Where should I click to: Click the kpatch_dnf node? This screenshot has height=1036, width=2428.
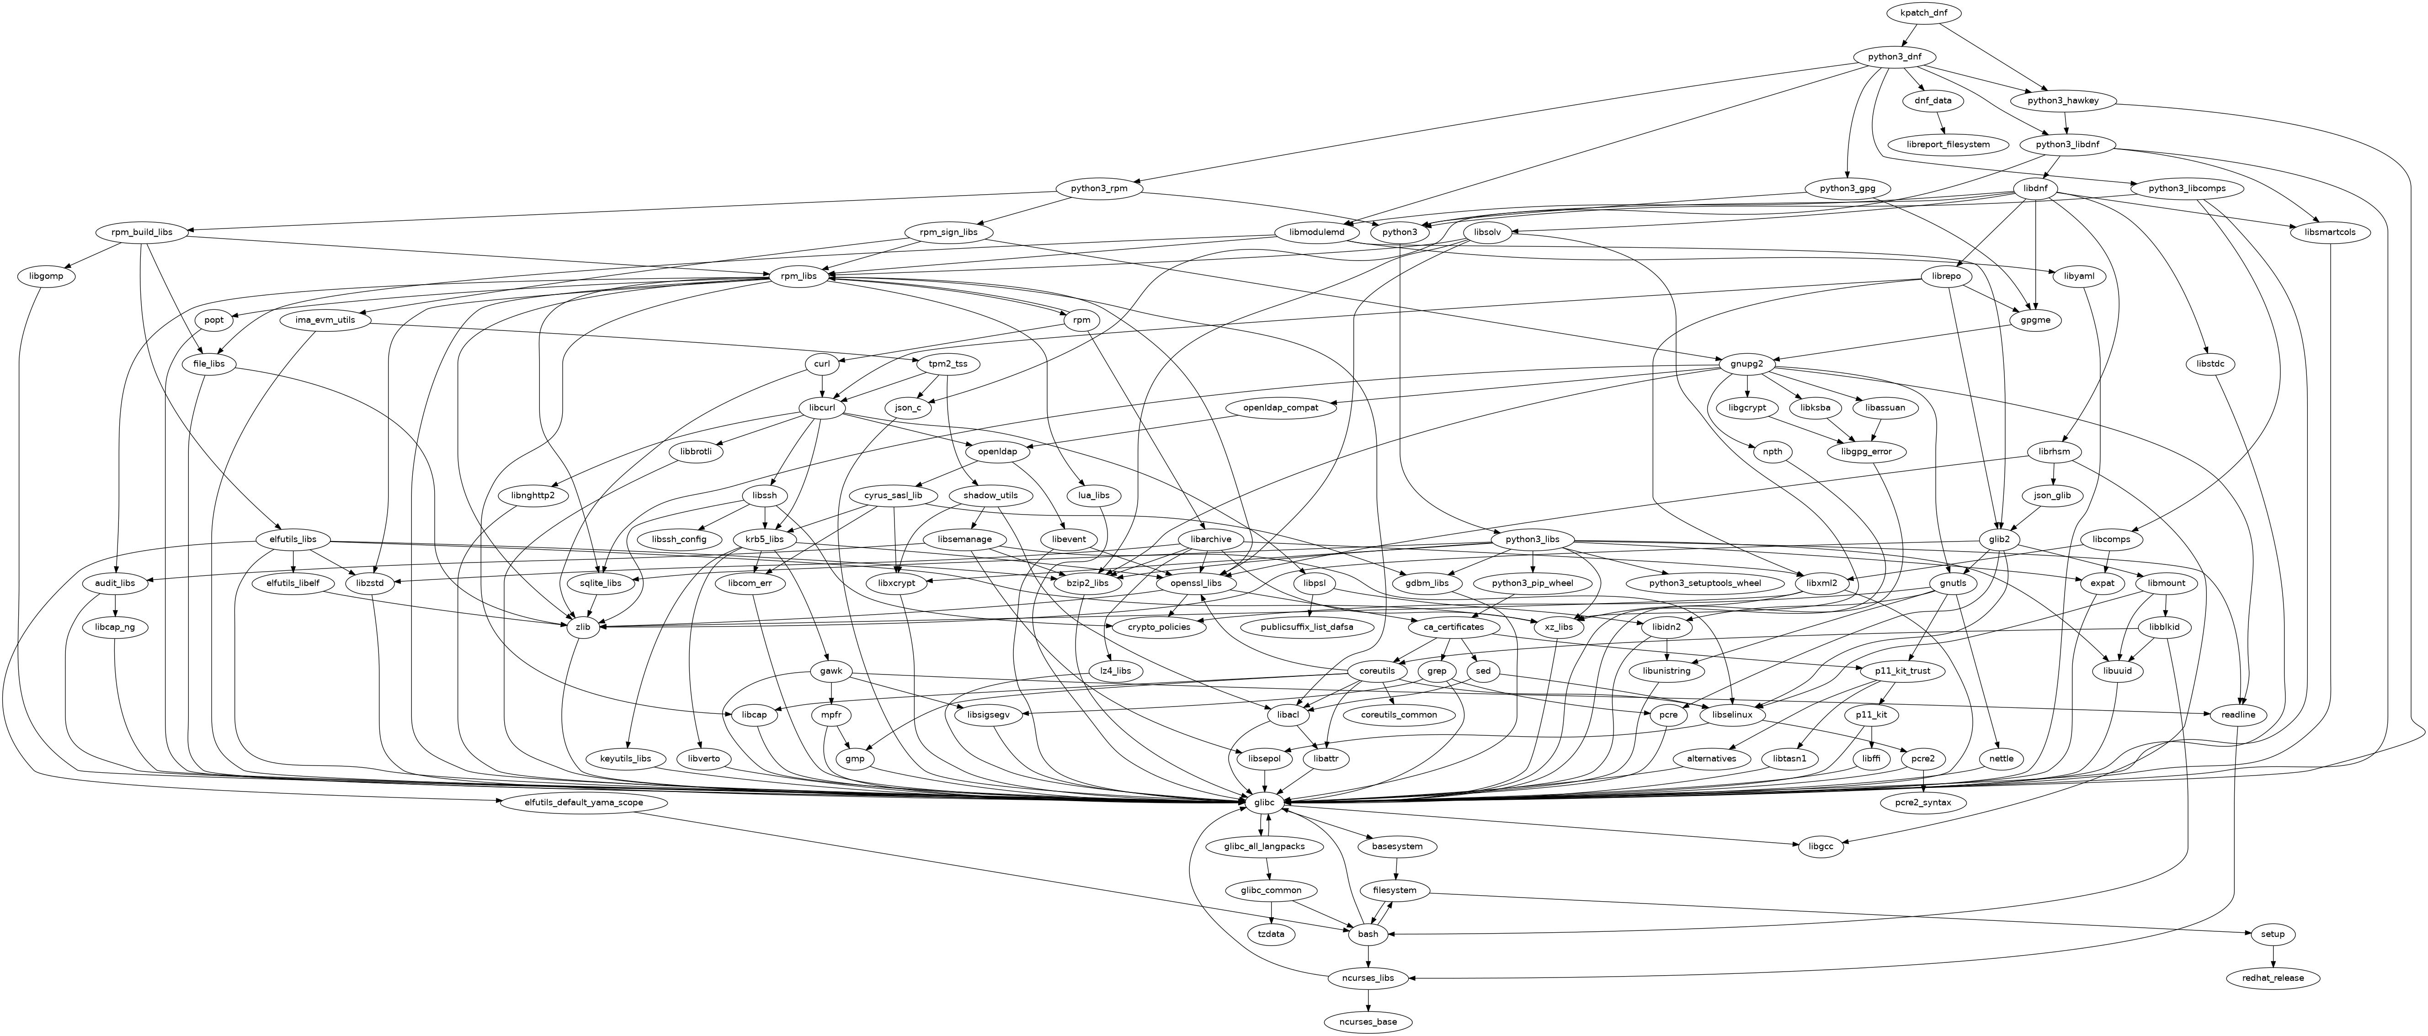1928,13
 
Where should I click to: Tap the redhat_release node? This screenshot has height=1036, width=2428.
2274,978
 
